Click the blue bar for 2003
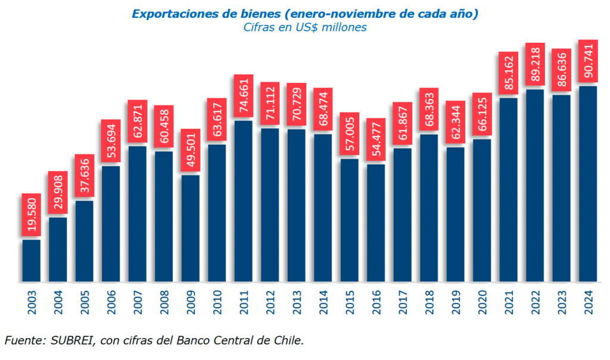pyautogui.click(x=32, y=260)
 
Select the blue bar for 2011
pyautogui.click(x=244, y=201)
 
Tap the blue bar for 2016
pyautogui.click(x=376, y=223)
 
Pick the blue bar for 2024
pyautogui.click(x=588, y=184)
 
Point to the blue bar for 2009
pyautogui.click(x=191, y=228)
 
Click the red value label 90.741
pyautogui.click(x=588, y=61)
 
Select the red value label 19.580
pyautogui.click(x=32, y=215)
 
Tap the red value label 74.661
pyautogui.click(x=244, y=96)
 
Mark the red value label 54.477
pyautogui.click(x=376, y=139)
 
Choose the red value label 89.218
pyautogui.click(x=535, y=64)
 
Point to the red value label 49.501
pyautogui.click(x=191, y=150)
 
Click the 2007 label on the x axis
pyautogui.click(x=138, y=302)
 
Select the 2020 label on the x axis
pyautogui.click(x=482, y=302)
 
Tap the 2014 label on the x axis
pyautogui.click(x=323, y=302)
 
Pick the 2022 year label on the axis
pyautogui.click(x=535, y=302)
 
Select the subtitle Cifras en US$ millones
pyautogui.click(x=305, y=27)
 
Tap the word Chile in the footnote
pyautogui.click(x=288, y=340)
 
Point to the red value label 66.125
pyautogui.click(x=482, y=114)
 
